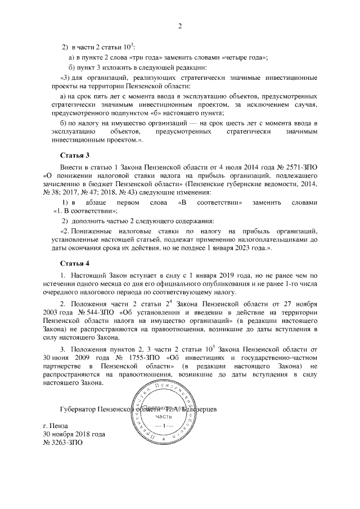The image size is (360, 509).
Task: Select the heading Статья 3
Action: pyautogui.click(x=75, y=155)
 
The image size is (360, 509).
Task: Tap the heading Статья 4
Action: pyautogui.click(x=75, y=263)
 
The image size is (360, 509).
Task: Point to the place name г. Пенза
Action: pyautogui.click(x=58, y=426)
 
